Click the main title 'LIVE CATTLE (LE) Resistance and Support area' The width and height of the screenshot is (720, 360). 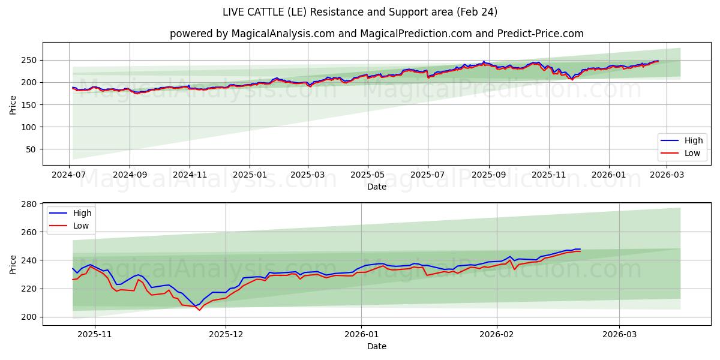(359, 12)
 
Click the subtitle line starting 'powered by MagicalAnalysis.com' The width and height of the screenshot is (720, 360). (376, 34)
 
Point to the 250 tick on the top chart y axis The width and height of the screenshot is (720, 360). (29, 60)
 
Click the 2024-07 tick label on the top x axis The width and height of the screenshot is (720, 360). (70, 175)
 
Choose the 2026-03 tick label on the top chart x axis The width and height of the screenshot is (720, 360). (668, 175)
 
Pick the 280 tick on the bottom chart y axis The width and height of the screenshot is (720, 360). (29, 204)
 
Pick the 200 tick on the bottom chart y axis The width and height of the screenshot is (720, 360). (29, 317)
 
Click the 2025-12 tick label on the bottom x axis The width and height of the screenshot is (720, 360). (226, 335)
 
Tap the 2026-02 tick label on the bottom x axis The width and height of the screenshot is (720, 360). (497, 335)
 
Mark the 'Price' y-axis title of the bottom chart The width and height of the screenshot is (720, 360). (13, 264)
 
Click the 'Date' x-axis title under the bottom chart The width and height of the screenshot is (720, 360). (376, 346)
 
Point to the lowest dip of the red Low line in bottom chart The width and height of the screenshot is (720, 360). (200, 310)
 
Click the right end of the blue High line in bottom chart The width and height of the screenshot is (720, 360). (580, 249)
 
